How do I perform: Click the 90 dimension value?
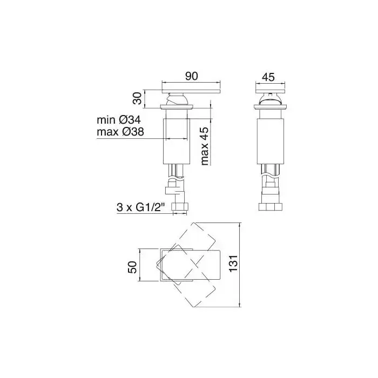[191, 76]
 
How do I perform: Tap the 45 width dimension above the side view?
[268, 77]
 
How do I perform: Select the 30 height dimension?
[138, 98]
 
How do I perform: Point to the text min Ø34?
[119, 120]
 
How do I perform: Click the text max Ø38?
[120, 132]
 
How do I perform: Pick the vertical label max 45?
[205, 146]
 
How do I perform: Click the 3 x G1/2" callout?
[140, 207]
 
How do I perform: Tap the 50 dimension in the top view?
[132, 267]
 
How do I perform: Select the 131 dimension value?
[233, 264]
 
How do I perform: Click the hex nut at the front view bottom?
[180, 207]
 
